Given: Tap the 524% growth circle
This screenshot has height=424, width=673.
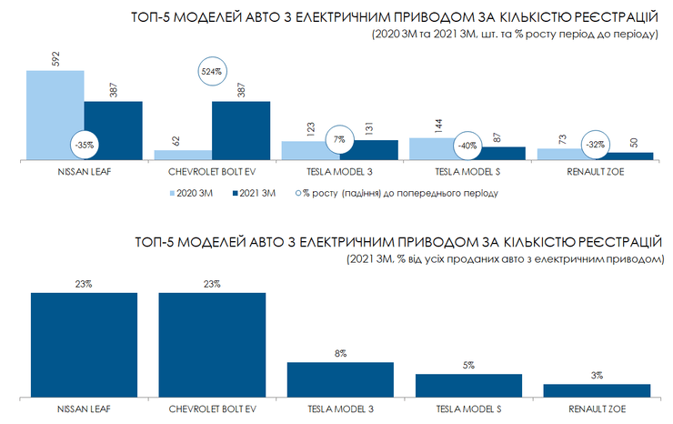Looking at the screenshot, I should click(213, 70).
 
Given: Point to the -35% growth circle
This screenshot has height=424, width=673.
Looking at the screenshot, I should click(85, 144).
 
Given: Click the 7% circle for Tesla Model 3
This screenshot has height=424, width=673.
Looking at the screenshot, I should click(340, 140).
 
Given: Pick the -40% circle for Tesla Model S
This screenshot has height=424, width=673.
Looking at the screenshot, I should click(468, 145).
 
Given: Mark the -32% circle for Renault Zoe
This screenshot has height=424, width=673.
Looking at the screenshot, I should click(596, 144).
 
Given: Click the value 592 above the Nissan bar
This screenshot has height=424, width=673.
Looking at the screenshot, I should click(55, 58).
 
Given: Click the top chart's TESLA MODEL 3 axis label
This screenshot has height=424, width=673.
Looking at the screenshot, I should click(340, 171).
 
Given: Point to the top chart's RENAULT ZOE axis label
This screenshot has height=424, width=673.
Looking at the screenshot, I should click(596, 171).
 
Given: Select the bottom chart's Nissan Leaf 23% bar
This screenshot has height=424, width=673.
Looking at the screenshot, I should click(84, 344).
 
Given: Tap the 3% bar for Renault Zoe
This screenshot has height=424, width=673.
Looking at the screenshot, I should click(597, 390).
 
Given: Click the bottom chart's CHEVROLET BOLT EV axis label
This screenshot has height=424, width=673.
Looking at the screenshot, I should click(212, 408).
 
